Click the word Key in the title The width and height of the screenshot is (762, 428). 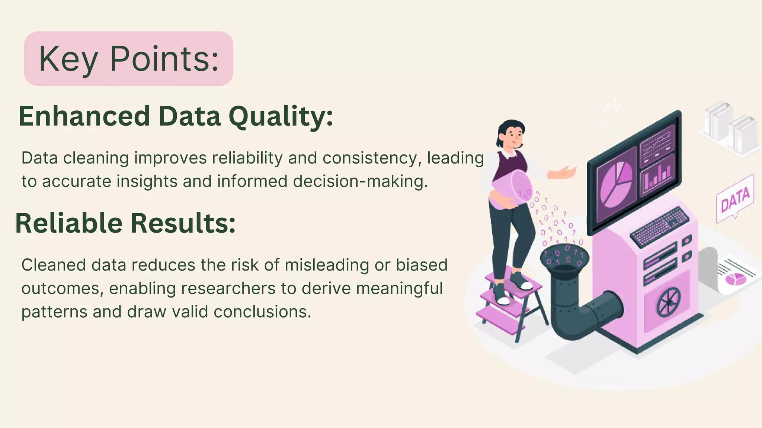tap(68, 59)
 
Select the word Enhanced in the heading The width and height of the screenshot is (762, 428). tap(84, 116)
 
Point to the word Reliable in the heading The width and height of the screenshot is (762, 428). tap(69, 223)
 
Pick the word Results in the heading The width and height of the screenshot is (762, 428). tap(183, 223)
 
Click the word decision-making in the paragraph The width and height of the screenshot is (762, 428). tap(360, 182)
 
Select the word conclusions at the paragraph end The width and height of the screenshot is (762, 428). tap(262, 312)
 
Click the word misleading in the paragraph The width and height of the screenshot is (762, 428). tap(327, 265)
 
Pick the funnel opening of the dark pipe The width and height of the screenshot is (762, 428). tap(564, 257)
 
